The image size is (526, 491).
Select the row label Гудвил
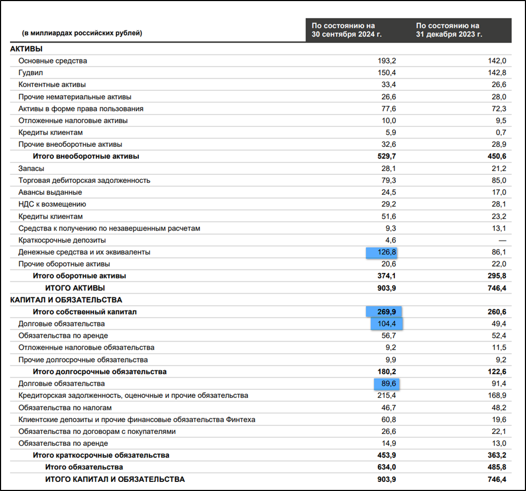[31, 73]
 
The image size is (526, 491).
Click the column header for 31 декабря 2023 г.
[449, 30]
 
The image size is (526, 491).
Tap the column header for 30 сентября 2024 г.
[344, 30]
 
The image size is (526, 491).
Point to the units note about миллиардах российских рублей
[82, 33]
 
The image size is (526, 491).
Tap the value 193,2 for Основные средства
[387, 61]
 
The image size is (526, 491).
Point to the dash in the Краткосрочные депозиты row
[502, 240]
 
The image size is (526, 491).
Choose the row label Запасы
[32, 168]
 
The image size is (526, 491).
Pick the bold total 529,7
[385, 156]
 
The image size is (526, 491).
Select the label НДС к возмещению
[52, 204]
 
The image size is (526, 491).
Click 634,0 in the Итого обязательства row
[385, 467]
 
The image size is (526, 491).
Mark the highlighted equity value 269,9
[385, 312]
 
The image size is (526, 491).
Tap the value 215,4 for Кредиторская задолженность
[387, 395]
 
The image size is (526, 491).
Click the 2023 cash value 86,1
[497, 252]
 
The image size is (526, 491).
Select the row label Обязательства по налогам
[65, 408]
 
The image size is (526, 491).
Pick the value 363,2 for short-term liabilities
[495, 455]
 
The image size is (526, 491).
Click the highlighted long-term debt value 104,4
[387, 324]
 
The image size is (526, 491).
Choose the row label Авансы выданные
[50, 192]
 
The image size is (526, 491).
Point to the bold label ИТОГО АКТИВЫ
[75, 288]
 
